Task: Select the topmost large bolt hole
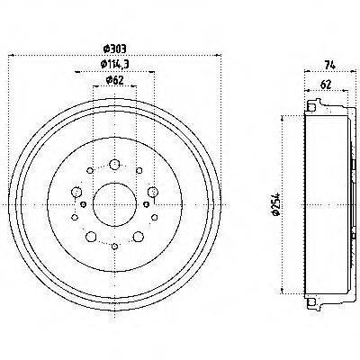(x=115, y=164)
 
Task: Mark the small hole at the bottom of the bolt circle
(x=115, y=244)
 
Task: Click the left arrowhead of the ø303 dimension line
(x=11, y=56)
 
